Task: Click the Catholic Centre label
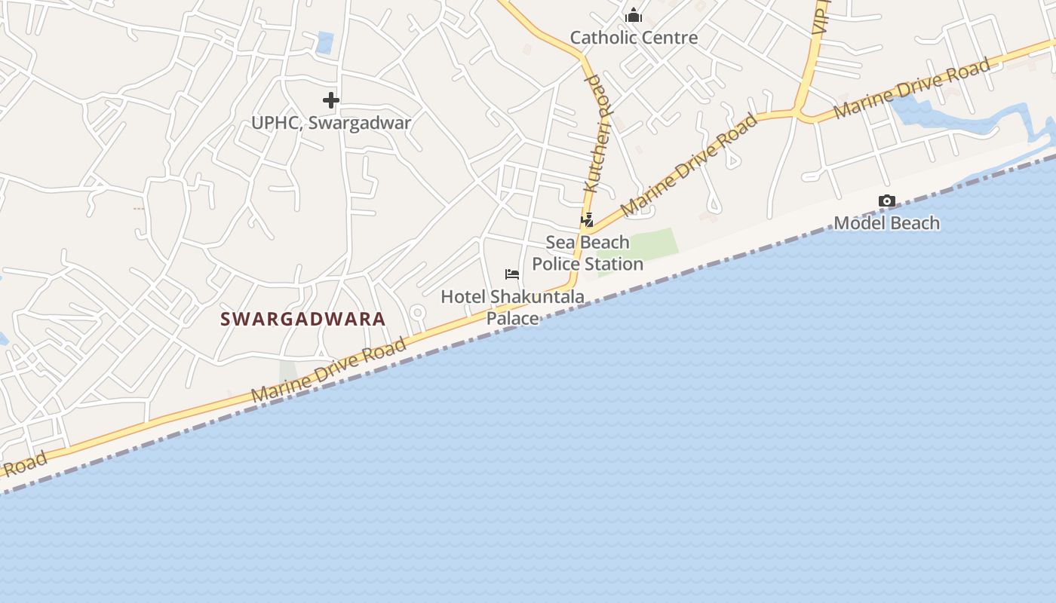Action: point(634,38)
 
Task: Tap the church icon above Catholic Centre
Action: point(634,15)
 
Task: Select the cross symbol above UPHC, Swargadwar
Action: point(330,99)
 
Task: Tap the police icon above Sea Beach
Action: point(587,220)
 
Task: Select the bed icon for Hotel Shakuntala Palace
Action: point(512,274)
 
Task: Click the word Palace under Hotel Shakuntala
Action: point(512,318)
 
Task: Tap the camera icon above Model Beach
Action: point(887,200)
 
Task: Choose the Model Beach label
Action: point(886,223)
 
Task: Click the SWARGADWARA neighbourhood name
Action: point(303,319)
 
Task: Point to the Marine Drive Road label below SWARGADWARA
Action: point(329,370)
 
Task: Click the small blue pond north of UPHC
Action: point(325,42)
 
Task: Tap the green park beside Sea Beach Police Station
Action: point(653,244)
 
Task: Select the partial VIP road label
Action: point(820,19)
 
